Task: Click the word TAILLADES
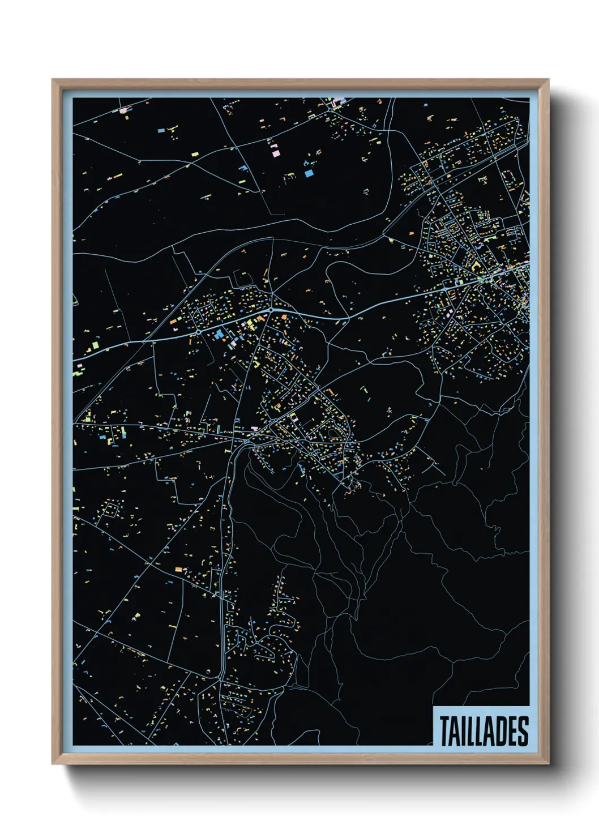[484, 731]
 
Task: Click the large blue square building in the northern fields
[309, 174]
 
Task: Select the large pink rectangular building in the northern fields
[275, 152]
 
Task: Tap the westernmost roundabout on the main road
[199, 331]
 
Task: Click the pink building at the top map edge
[339, 102]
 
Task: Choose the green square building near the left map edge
[95, 343]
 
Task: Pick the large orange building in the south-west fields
[179, 568]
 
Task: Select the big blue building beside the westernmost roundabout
[219, 335]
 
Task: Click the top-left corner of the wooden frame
[53, 80]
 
